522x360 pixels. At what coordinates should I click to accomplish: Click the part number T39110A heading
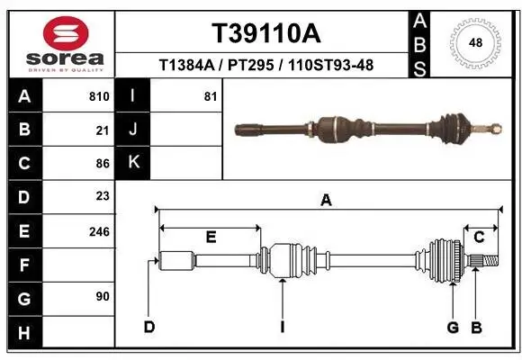(265, 33)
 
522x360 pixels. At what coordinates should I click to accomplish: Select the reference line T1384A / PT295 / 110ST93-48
(265, 65)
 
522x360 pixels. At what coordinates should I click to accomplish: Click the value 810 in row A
(99, 96)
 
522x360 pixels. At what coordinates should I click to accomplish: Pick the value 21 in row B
(102, 130)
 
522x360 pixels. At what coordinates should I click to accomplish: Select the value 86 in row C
(102, 164)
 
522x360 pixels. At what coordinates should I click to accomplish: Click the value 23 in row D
(102, 196)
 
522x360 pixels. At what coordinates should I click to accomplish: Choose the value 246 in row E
(99, 231)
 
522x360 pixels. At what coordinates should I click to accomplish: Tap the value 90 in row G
(102, 296)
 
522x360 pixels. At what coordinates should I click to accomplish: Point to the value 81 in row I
(211, 96)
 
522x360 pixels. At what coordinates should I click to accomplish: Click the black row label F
(23, 265)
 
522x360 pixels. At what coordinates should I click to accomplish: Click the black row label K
(134, 163)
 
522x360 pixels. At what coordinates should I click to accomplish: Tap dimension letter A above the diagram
(326, 201)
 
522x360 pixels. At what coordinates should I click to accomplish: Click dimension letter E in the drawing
(211, 238)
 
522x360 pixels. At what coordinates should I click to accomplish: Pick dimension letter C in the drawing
(480, 237)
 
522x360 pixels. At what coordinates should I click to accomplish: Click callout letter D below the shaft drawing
(150, 327)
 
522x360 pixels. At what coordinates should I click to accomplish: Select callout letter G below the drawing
(453, 327)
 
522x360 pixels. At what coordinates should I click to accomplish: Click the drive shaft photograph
(364, 129)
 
